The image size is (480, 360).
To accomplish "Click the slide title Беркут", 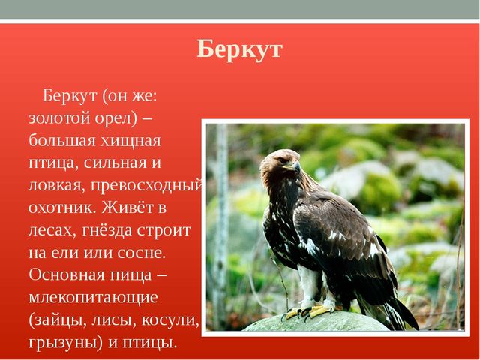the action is [239, 49].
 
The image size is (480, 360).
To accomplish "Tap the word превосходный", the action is [146, 186].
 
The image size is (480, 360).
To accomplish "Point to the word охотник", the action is [62, 208].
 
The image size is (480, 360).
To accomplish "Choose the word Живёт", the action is [127, 207].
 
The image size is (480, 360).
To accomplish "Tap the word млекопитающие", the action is [93, 298].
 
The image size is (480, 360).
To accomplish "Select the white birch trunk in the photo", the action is [220, 226].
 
